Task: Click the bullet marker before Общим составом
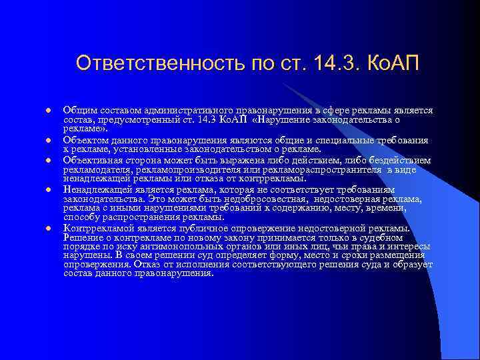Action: (48, 110)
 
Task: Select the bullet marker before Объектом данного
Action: (48, 141)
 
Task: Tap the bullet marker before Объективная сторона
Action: (48, 161)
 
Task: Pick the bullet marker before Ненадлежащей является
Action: (48, 189)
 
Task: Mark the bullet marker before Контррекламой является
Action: (48, 229)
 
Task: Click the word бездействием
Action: (397, 161)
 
